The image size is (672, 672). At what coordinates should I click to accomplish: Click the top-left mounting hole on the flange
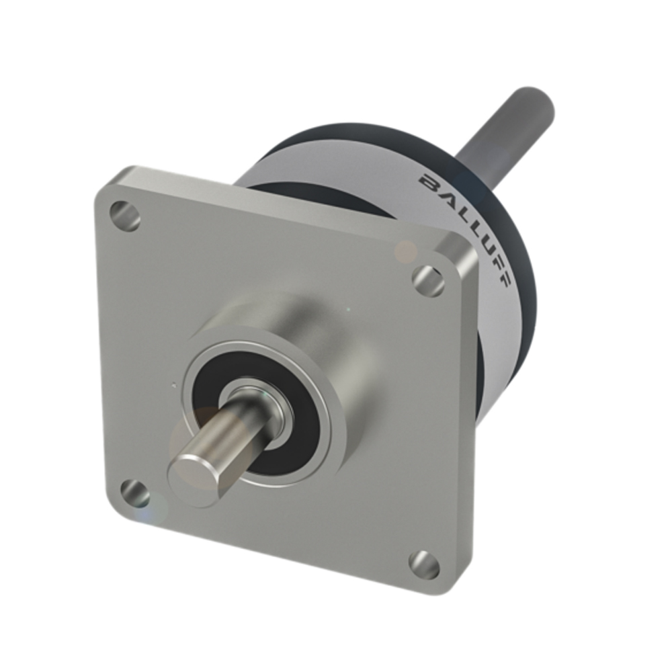click(x=125, y=216)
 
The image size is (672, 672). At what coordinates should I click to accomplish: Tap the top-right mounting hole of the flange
click(x=428, y=280)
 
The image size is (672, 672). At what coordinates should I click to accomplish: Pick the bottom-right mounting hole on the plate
click(x=424, y=564)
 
